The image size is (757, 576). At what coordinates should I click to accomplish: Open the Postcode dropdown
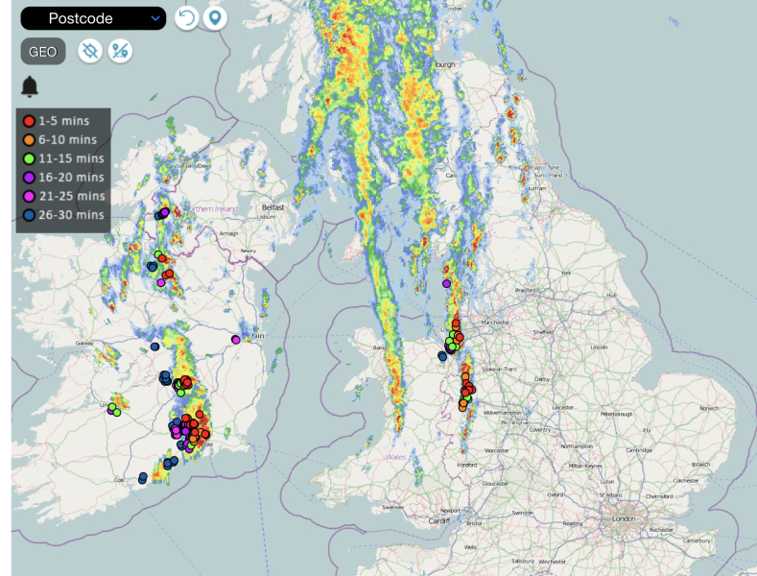[x=92, y=18]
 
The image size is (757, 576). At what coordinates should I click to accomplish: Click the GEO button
[x=42, y=52]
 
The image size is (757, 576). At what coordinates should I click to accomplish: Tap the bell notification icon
[x=30, y=87]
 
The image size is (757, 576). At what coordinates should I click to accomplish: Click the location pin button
[x=216, y=18]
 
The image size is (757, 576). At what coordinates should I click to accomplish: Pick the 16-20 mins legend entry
[x=63, y=178]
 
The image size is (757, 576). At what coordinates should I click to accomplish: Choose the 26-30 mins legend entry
[x=63, y=214]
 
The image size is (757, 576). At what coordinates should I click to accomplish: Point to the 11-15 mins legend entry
[x=63, y=158]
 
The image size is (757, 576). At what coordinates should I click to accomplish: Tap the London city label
[x=624, y=518]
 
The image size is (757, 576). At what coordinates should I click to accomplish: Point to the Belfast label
[x=273, y=206]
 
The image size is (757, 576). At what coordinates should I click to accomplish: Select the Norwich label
[x=709, y=408]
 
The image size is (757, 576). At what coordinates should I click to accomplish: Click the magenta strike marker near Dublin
[x=236, y=340]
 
